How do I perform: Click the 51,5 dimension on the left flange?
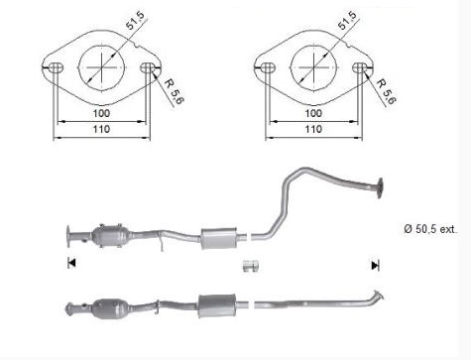tap(136, 20)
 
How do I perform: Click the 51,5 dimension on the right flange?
tap(347, 20)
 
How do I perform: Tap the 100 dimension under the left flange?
tap(101, 113)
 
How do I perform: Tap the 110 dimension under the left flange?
tap(101, 129)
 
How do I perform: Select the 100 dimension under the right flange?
tap(313, 113)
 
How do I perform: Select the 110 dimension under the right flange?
tap(313, 129)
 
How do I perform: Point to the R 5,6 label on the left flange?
tap(175, 91)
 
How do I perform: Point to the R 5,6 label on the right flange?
tap(386, 91)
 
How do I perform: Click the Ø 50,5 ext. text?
tap(430, 229)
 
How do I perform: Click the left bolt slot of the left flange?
tap(56, 67)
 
